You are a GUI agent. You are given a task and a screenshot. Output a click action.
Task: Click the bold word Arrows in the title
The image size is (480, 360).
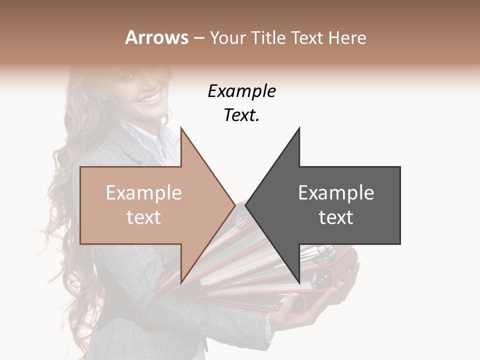pos(156,37)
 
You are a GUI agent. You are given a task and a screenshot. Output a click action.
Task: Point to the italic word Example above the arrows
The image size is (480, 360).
pos(241,91)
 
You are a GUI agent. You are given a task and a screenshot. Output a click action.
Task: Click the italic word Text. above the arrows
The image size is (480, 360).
pos(241,115)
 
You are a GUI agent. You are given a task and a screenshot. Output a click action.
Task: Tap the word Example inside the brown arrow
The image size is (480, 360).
pos(144,193)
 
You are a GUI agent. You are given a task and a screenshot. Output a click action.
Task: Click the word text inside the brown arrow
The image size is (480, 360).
pos(144,217)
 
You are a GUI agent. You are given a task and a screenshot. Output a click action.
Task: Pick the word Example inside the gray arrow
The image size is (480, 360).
pos(336,193)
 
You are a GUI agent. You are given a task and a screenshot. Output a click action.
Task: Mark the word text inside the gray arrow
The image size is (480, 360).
pos(336,217)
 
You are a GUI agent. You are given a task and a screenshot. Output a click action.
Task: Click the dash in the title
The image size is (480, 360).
pos(198,38)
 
